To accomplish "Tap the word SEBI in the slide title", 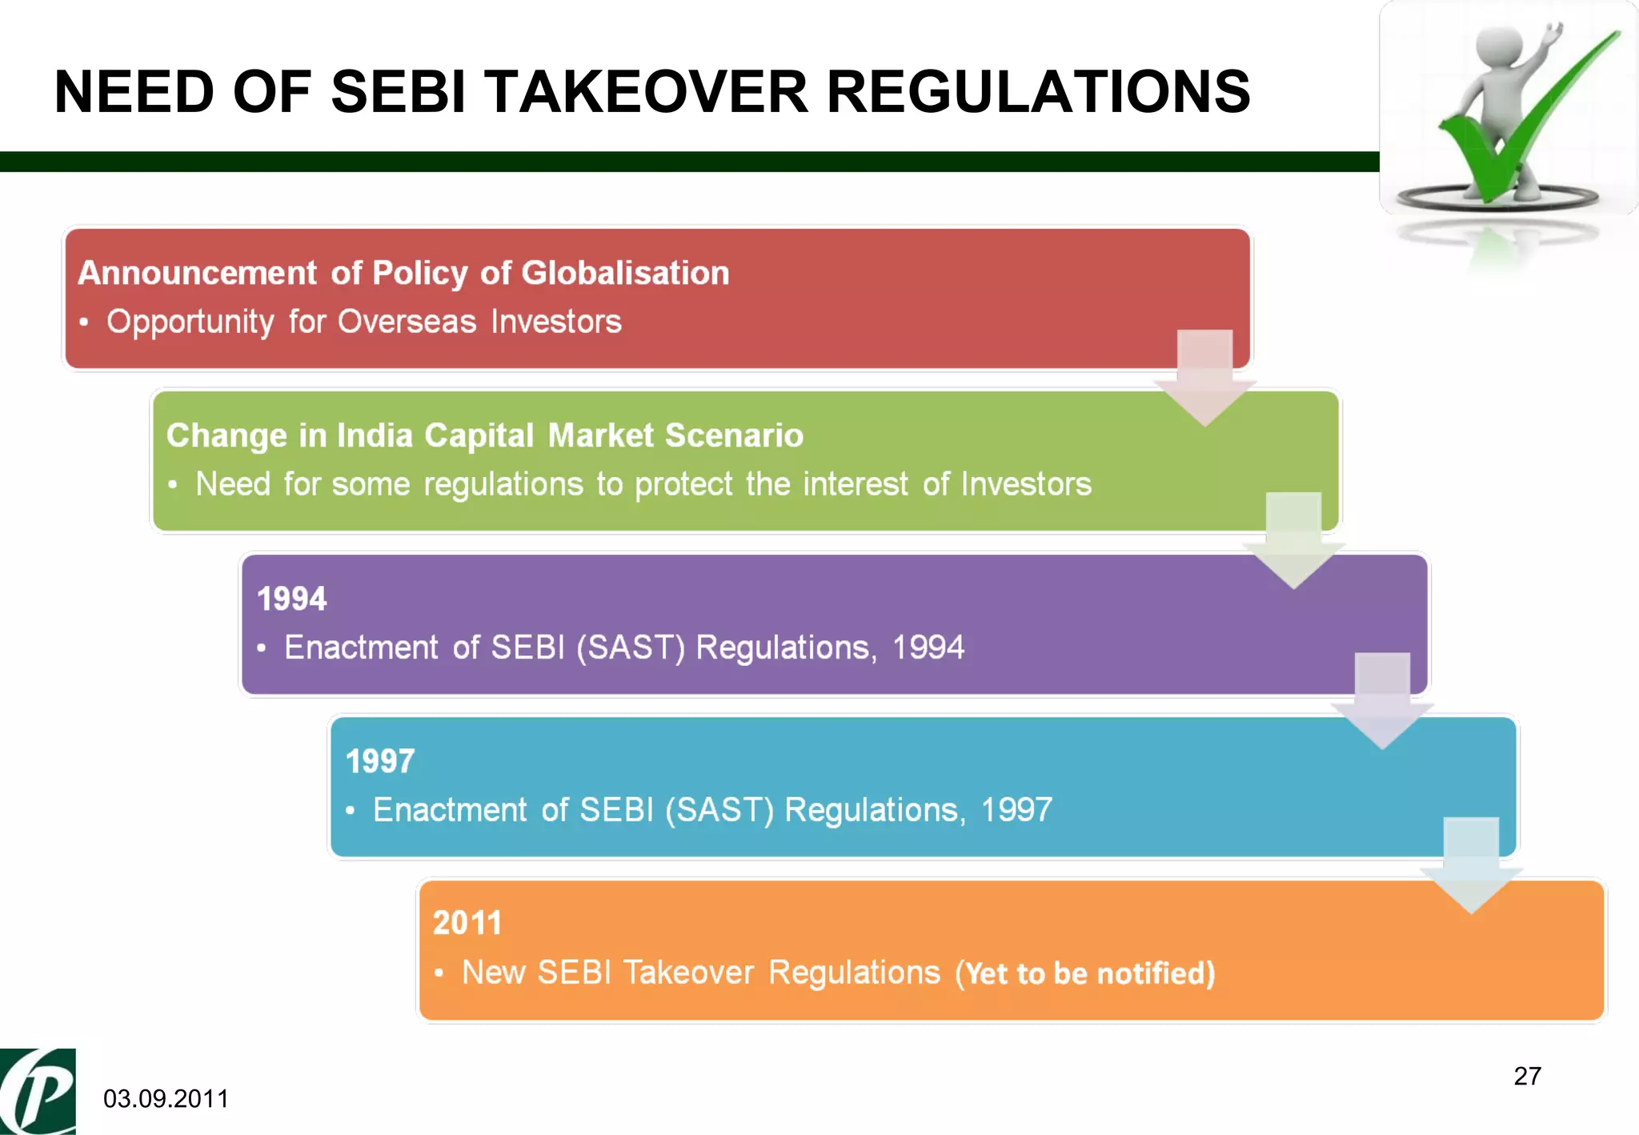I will pyautogui.click(x=398, y=91).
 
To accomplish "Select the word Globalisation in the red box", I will pyautogui.click(x=625, y=273).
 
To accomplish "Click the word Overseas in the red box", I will pyautogui.click(x=407, y=322).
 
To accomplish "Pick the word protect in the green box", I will pyautogui.click(x=683, y=484).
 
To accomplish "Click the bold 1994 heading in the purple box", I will pyautogui.click(x=292, y=599).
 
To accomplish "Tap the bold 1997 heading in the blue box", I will pyautogui.click(x=380, y=761).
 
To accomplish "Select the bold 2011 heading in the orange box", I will pyautogui.click(x=467, y=923).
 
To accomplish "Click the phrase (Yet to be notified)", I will pyautogui.click(x=1085, y=973).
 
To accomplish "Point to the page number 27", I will pyautogui.click(x=1527, y=1076).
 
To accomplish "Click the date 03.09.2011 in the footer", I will pyautogui.click(x=166, y=1098).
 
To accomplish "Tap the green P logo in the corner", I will pyautogui.click(x=38, y=1092).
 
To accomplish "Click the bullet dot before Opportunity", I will pyautogui.click(x=84, y=323).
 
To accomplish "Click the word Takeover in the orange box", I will pyautogui.click(x=688, y=973).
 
